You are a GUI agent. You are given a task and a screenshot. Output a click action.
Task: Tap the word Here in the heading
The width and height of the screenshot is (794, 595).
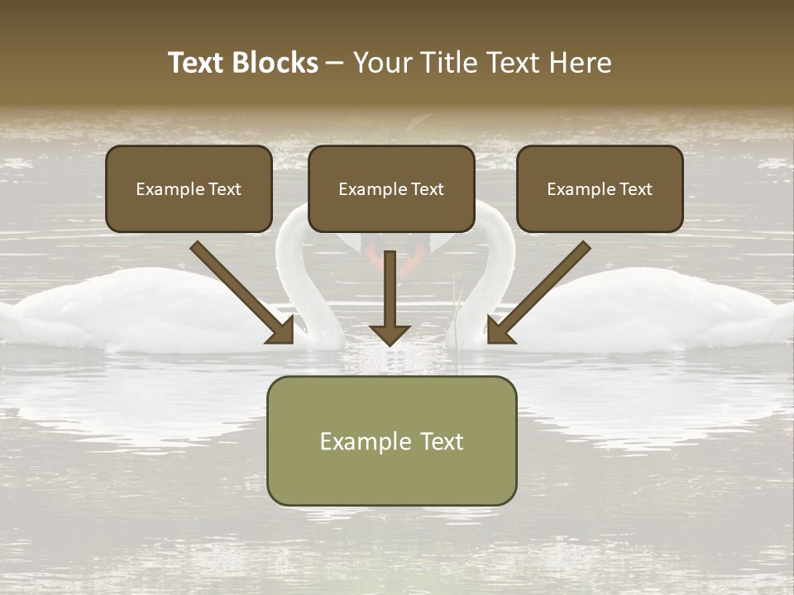[x=584, y=63]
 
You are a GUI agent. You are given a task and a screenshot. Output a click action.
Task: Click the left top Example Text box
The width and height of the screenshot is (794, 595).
[x=189, y=188]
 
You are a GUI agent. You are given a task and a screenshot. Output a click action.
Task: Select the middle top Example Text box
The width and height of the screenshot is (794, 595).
[x=391, y=188]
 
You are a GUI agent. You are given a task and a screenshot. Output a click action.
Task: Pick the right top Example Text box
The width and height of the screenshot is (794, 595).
[x=600, y=188]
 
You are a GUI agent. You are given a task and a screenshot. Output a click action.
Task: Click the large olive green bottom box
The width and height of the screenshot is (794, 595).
[x=391, y=440]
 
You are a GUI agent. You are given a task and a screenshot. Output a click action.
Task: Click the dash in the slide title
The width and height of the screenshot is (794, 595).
[x=335, y=63]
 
